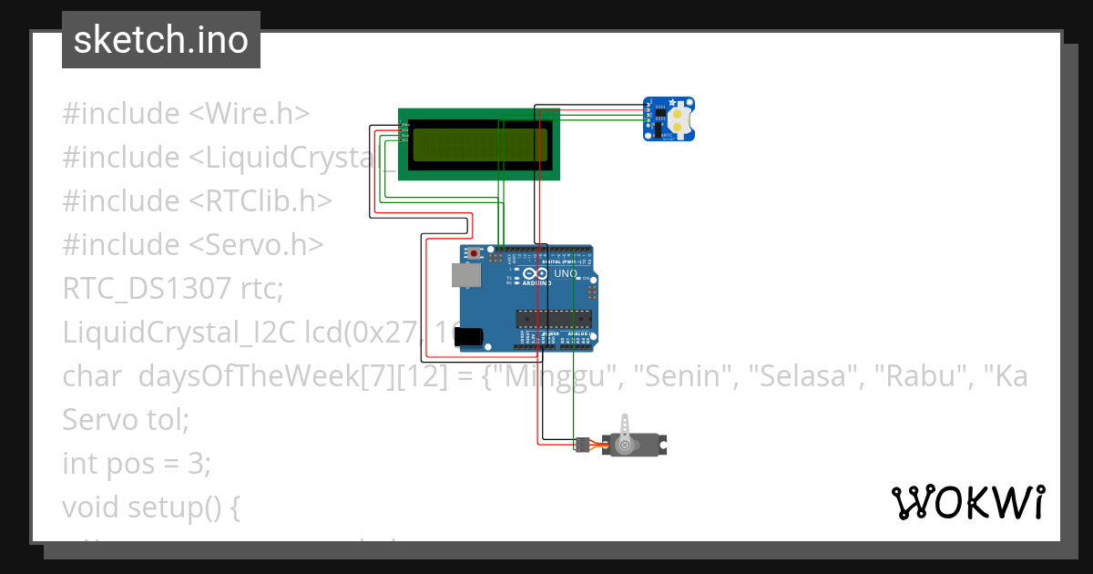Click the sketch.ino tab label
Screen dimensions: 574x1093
pyautogui.click(x=160, y=40)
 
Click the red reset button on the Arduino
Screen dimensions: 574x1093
pyautogui.click(x=475, y=253)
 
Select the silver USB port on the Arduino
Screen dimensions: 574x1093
pyautogui.click(x=465, y=275)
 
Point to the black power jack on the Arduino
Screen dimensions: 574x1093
pyautogui.click(x=468, y=336)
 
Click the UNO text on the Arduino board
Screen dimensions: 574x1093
pyautogui.click(x=566, y=272)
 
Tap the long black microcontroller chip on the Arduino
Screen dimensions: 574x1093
pyautogui.click(x=554, y=318)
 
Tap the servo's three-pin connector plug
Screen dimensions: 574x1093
pyautogui.click(x=581, y=445)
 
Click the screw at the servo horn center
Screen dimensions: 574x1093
pyautogui.click(x=625, y=446)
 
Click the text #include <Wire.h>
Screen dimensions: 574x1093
pyautogui.click(x=186, y=114)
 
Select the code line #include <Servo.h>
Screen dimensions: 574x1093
pyautogui.click(x=193, y=245)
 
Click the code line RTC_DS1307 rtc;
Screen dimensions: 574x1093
pyautogui.click(x=173, y=289)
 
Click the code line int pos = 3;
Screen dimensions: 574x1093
pyautogui.click(x=137, y=464)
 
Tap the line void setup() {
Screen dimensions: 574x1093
pyautogui.click(x=151, y=507)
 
